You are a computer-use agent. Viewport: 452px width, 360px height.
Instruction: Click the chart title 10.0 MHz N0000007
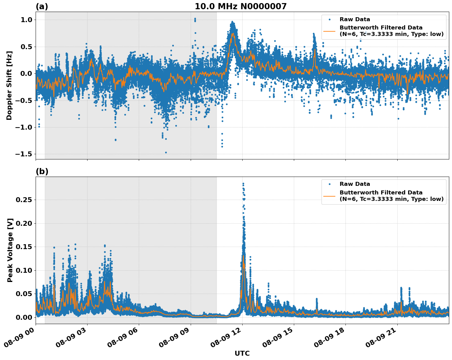240,6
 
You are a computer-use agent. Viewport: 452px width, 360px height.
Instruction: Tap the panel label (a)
42,6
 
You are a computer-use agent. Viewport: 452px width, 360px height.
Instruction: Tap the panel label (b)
42,172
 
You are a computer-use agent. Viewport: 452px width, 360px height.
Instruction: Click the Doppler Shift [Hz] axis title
9,85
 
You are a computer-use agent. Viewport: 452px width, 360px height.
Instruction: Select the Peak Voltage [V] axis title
10,250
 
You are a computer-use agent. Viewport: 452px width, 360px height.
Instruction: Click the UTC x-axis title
242,353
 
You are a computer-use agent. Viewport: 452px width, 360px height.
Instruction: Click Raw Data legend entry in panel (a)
355,19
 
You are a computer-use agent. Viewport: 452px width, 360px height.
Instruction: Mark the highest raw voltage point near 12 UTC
243,183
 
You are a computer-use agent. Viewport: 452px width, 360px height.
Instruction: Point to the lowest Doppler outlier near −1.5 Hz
166,152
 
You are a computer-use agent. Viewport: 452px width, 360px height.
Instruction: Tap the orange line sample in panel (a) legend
329,31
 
